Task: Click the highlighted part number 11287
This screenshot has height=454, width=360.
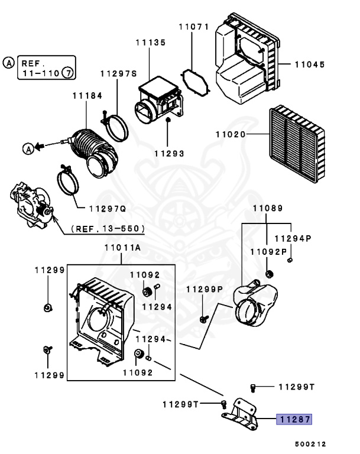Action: coord(295,420)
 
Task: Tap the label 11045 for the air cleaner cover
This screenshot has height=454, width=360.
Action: coord(309,64)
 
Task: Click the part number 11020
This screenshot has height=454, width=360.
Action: coord(230,135)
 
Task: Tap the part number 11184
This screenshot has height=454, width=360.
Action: coord(87,95)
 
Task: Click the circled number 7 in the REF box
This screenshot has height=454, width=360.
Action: coord(68,73)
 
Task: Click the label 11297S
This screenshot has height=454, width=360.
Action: coord(118,74)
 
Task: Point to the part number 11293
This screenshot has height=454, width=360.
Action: coord(169,153)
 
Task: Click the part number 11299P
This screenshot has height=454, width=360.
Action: coord(205,289)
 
